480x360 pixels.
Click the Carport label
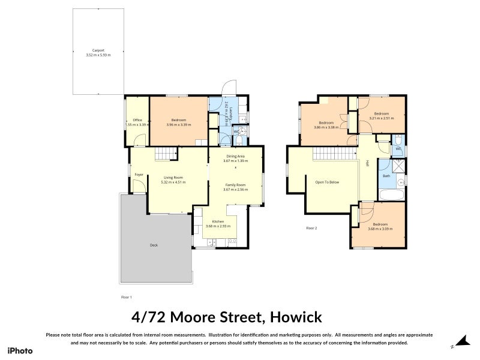coord(98,50)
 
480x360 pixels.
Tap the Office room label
coord(137,120)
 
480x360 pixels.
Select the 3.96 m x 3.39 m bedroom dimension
coord(178,125)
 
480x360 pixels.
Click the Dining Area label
coord(235,156)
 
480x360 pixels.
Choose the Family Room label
coord(235,184)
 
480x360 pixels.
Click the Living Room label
coord(174,177)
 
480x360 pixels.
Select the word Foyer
coord(139,175)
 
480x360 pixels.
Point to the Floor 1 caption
coord(127,297)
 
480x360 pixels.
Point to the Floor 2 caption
coord(311,228)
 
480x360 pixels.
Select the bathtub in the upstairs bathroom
coord(392,194)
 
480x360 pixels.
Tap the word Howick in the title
coord(296,316)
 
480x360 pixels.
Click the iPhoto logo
coord(20,350)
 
